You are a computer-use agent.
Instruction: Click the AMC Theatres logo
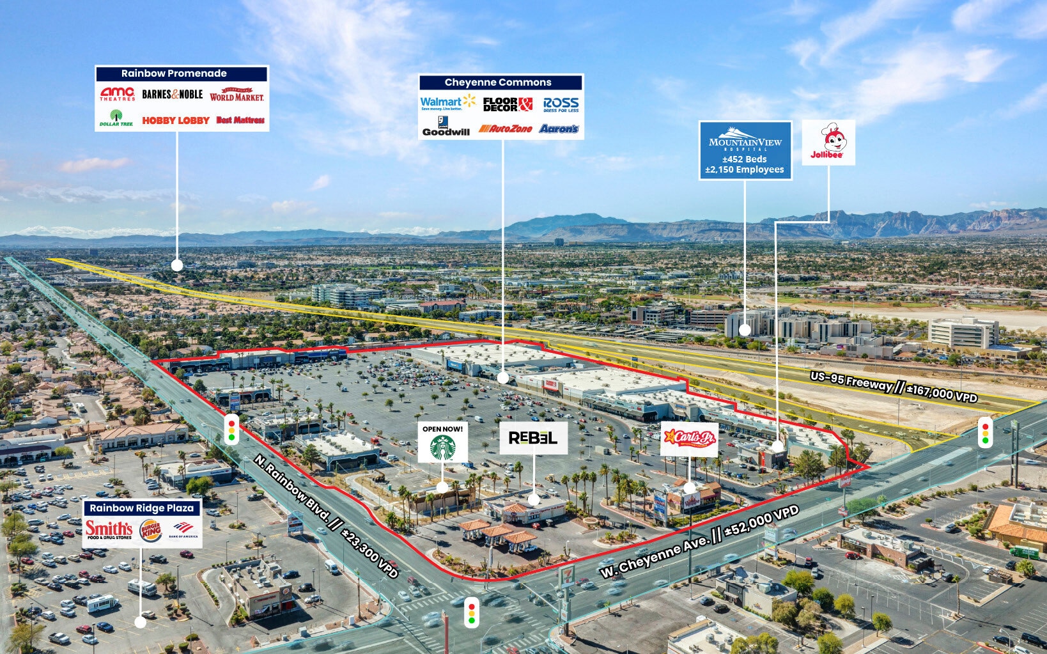click(x=117, y=94)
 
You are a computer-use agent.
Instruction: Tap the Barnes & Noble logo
click(x=172, y=94)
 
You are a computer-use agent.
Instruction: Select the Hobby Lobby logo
click(x=176, y=120)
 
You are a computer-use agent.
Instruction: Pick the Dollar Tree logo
click(x=116, y=118)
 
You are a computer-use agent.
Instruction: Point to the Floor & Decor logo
click(x=508, y=104)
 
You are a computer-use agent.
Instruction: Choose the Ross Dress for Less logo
click(x=561, y=105)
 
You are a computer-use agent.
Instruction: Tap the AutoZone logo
click(x=506, y=129)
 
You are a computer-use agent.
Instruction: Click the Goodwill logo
click(x=446, y=127)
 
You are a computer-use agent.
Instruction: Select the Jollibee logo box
click(x=828, y=143)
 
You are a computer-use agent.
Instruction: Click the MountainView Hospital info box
click(x=745, y=151)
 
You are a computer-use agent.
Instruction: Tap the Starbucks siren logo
click(x=442, y=447)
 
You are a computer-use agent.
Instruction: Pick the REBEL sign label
click(x=533, y=438)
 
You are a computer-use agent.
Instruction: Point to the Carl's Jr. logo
click(x=689, y=439)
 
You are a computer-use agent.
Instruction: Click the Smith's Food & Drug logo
click(x=109, y=529)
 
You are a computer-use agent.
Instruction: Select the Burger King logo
click(x=151, y=530)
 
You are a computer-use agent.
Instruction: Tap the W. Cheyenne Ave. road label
click(x=700, y=541)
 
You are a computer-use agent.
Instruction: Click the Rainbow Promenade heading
click(x=174, y=74)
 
